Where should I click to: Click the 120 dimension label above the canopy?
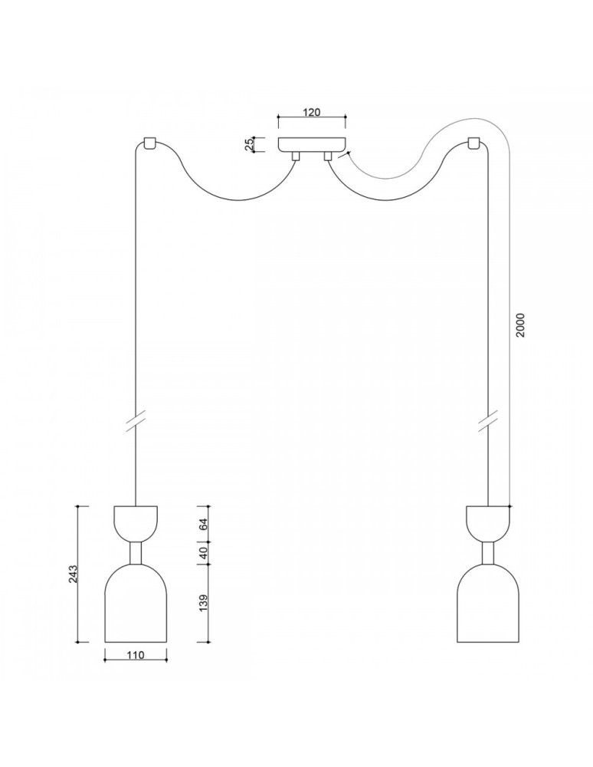311,112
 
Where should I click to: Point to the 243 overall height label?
74,574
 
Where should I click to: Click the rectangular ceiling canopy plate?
312,144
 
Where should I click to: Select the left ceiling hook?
149,143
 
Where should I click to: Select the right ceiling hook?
475,143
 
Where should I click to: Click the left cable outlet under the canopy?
294,156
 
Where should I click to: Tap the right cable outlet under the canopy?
328,156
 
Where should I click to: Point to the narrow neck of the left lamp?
135,553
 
